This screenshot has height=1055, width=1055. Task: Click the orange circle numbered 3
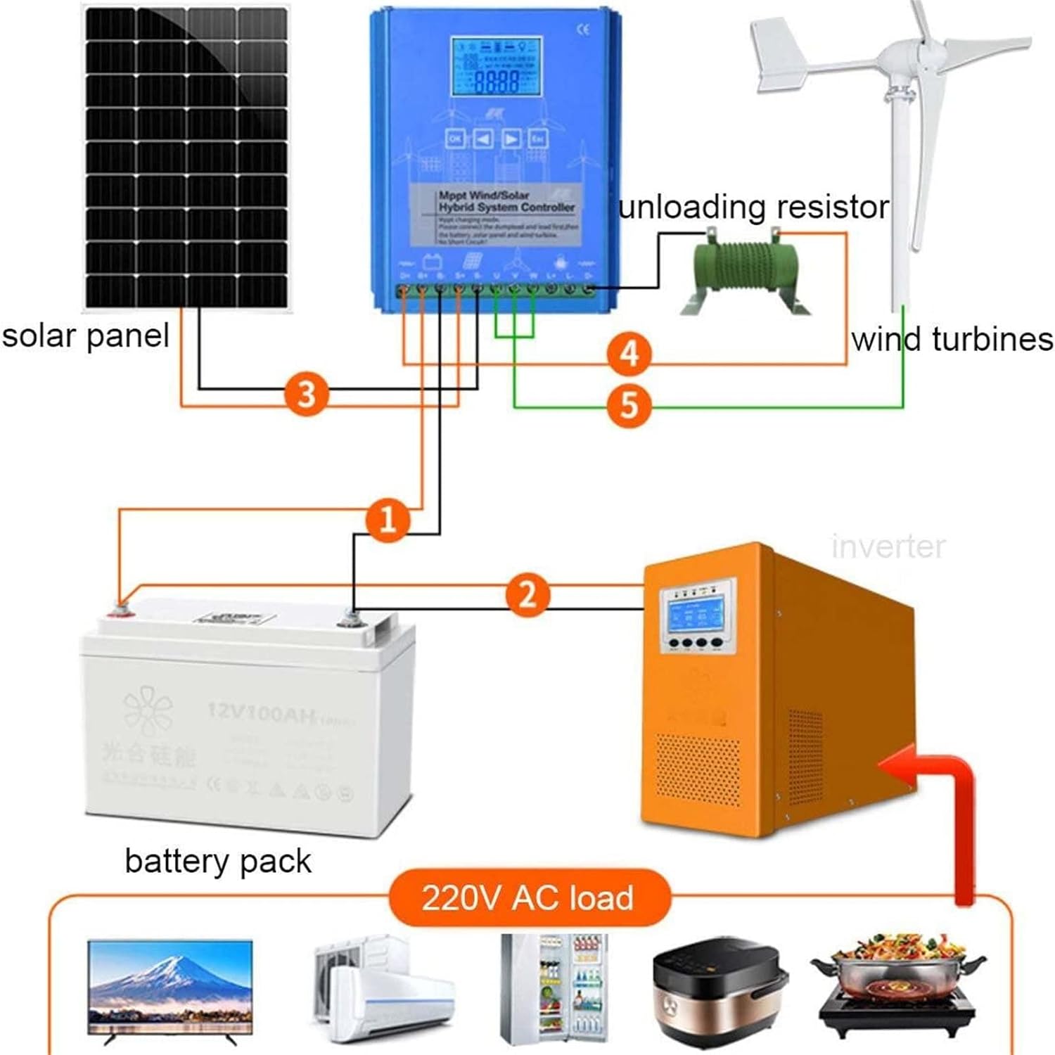click(x=306, y=393)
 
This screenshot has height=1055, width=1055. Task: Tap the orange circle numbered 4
click(x=629, y=354)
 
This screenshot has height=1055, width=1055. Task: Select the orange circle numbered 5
click(x=629, y=406)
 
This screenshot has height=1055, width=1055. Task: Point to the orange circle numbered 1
click(x=388, y=520)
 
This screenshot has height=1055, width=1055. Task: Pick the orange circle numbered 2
click(x=527, y=594)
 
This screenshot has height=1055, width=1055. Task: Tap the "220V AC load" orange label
click(x=527, y=898)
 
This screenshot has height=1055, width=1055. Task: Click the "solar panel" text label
click(x=85, y=335)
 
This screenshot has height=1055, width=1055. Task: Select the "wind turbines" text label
click(x=952, y=339)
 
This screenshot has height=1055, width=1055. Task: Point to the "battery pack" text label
click(x=218, y=861)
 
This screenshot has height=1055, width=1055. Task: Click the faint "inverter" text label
click(x=888, y=546)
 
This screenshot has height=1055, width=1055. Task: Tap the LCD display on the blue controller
click(x=497, y=67)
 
